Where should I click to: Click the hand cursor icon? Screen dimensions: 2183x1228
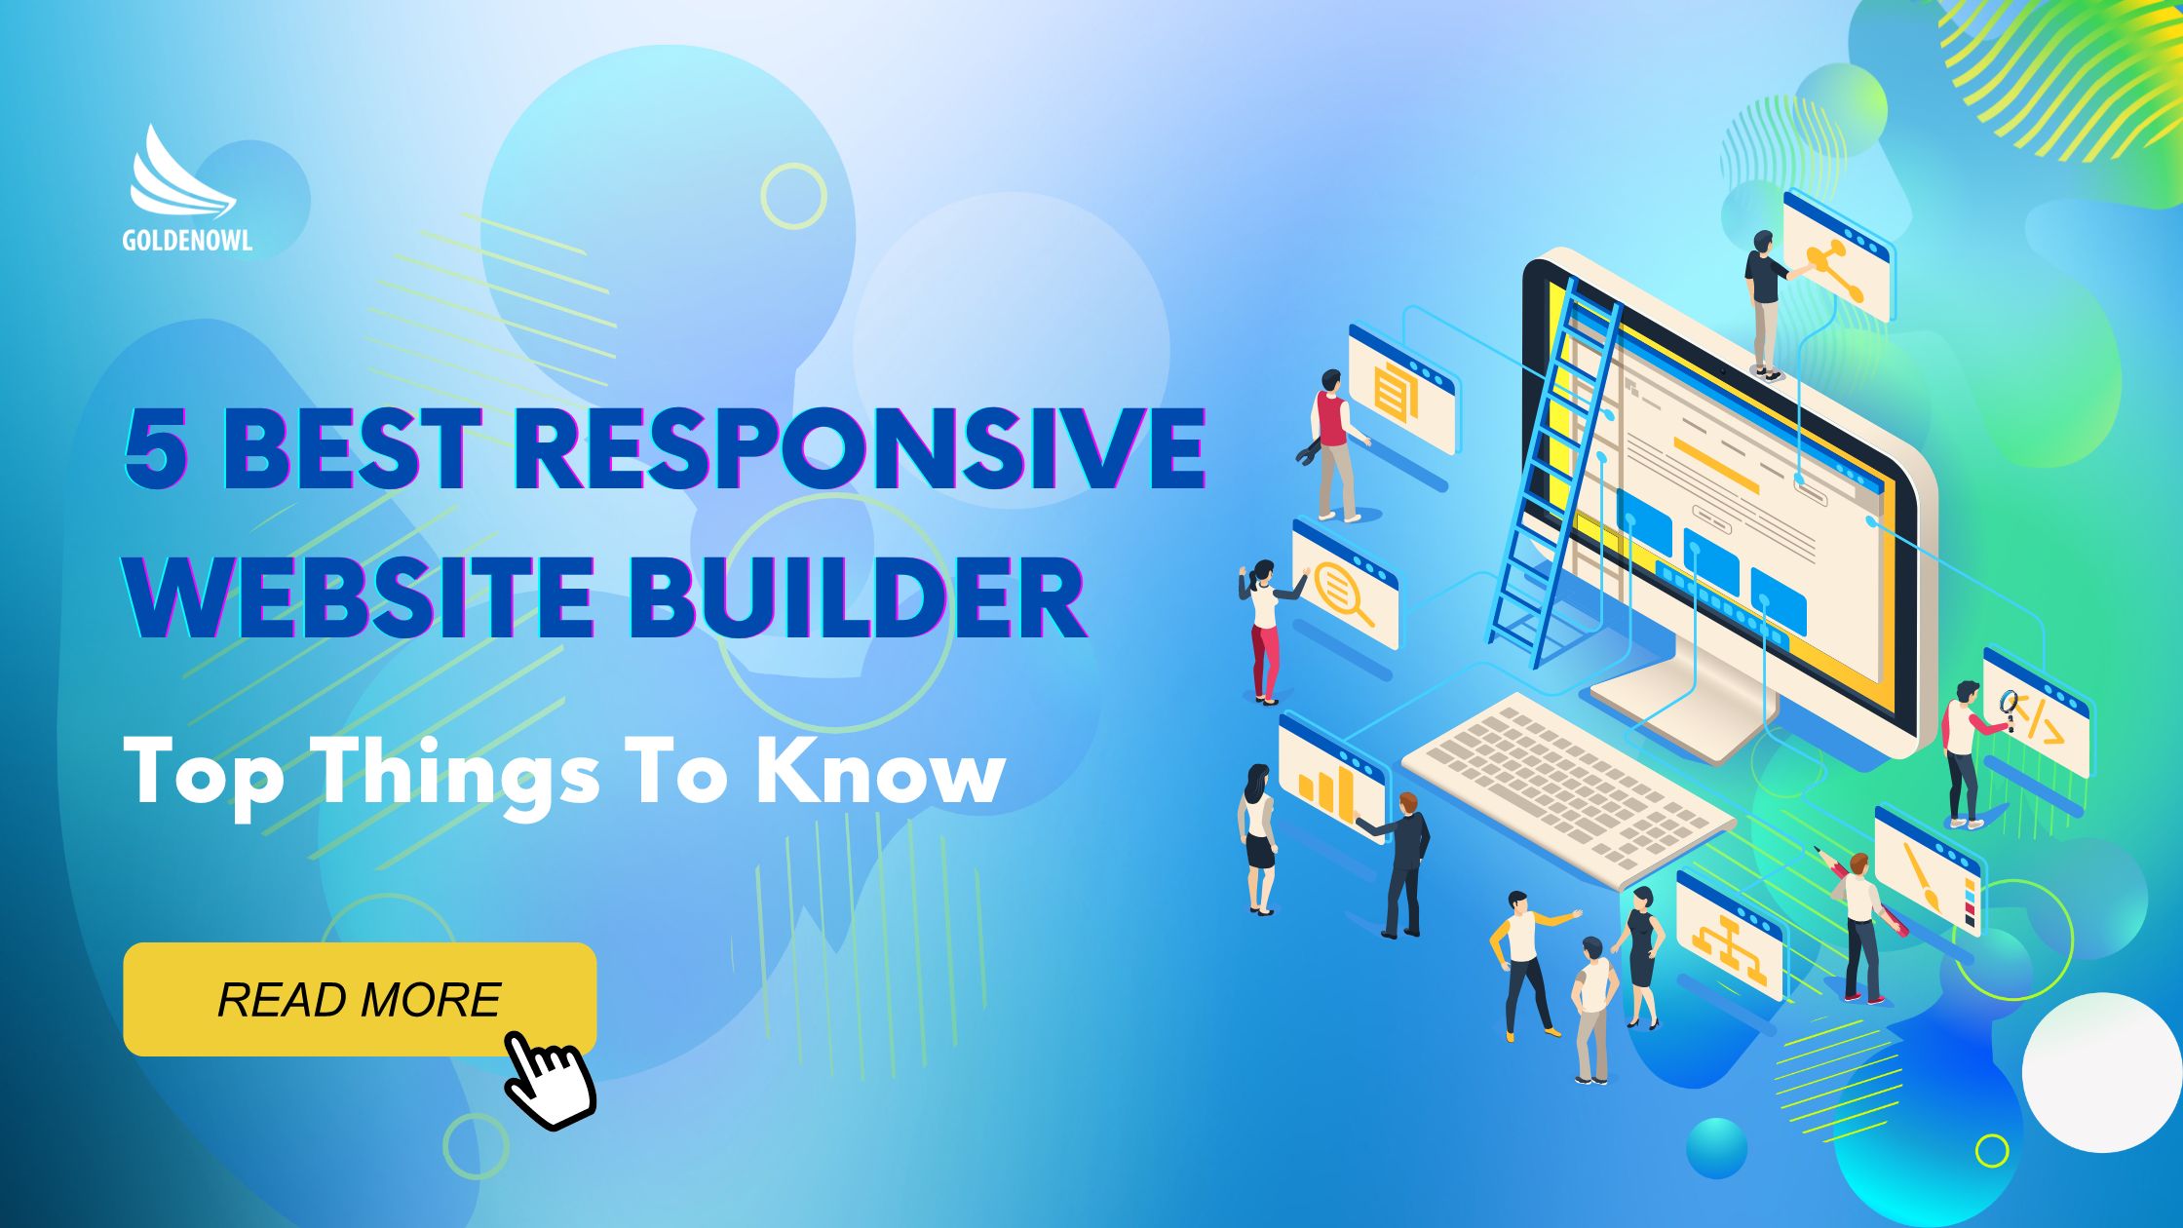(x=551, y=1079)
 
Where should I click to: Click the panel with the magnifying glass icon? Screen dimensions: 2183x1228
(x=1345, y=585)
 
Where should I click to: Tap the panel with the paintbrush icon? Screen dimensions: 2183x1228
(x=1928, y=870)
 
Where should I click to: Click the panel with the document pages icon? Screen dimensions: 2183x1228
(x=1401, y=389)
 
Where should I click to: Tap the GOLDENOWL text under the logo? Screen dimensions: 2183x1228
(x=187, y=240)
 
